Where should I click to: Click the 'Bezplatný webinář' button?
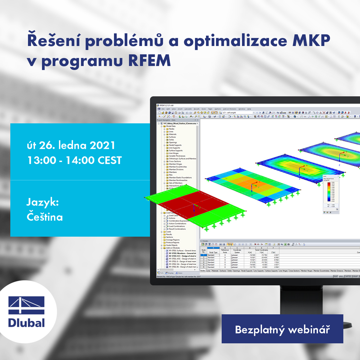282,329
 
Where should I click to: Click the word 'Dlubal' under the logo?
27,323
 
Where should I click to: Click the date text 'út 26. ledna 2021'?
71,145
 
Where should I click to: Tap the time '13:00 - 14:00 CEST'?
74,160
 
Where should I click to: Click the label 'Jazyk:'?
43,202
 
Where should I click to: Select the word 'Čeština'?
45,217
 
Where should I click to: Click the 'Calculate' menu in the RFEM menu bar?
188,109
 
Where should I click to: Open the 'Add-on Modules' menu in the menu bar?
229,109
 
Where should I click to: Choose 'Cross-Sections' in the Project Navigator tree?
175,161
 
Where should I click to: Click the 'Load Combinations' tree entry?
177,226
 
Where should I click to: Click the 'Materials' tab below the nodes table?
215,271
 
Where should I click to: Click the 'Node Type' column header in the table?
213,252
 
